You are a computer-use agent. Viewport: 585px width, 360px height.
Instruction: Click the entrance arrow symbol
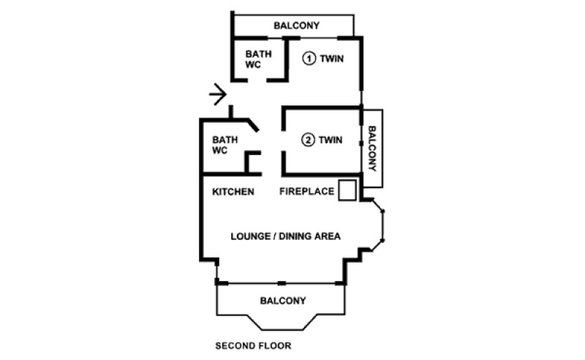click(x=218, y=94)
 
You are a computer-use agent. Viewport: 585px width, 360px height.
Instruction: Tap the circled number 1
click(x=309, y=59)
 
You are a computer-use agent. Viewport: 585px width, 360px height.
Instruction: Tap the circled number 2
click(x=308, y=140)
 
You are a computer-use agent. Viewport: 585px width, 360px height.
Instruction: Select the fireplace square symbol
click(x=347, y=190)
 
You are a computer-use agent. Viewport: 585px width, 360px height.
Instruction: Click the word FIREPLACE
click(x=306, y=191)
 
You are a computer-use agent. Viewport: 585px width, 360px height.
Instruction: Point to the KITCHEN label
click(x=233, y=192)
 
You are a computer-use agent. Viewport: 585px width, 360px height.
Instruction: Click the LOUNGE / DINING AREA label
click(x=285, y=236)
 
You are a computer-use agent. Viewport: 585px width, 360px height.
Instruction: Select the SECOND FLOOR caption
click(x=253, y=346)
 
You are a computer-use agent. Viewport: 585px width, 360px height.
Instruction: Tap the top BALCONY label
click(x=297, y=26)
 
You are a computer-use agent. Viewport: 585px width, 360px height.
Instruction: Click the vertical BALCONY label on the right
click(x=372, y=149)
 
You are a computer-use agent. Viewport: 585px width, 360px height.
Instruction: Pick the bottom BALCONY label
click(x=283, y=301)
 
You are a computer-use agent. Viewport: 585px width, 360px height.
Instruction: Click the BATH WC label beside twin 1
click(x=258, y=59)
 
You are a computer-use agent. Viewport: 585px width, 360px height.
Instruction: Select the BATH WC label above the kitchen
click(x=225, y=145)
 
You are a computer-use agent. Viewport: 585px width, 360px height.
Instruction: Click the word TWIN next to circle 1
click(x=332, y=59)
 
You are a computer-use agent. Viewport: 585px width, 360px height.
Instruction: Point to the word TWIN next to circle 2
click(x=331, y=140)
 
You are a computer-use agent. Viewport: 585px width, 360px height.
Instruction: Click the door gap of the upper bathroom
click(x=257, y=80)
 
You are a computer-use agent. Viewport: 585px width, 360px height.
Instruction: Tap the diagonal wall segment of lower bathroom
click(x=253, y=125)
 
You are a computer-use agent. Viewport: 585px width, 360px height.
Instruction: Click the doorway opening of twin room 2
click(x=284, y=140)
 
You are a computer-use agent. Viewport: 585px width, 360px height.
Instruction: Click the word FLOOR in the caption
click(x=276, y=346)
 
